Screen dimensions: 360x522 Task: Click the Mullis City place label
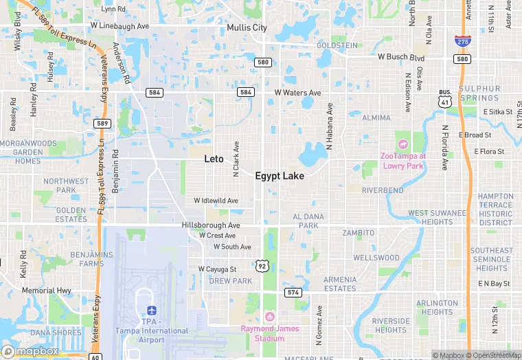pos(247,28)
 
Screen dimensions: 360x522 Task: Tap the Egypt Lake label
pos(280,176)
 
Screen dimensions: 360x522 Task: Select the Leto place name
pos(214,159)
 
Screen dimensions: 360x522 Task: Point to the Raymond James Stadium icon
pos(270,317)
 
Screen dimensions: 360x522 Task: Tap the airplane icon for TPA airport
pos(151,310)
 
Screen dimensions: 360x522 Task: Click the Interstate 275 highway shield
pos(462,41)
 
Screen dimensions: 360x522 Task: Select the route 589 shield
pos(102,123)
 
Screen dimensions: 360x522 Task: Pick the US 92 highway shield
pos(262,265)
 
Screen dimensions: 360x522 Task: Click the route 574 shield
pos(293,293)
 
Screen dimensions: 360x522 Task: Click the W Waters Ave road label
pos(297,92)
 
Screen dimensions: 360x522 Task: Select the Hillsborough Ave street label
pos(211,225)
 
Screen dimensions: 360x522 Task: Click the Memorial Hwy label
pos(47,291)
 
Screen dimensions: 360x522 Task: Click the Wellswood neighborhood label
pos(376,258)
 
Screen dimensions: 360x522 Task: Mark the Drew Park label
pos(230,281)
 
